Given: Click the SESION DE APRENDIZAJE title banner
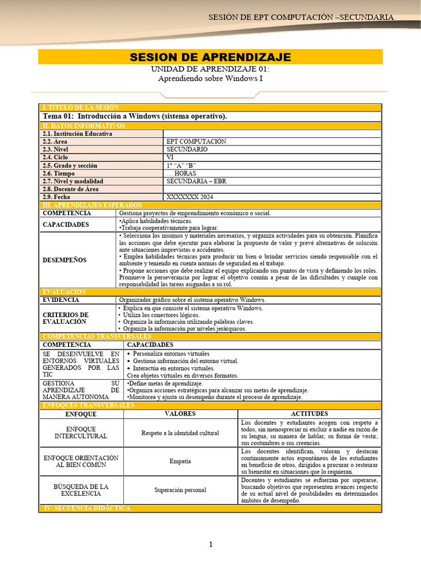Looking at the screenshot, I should click(x=210, y=57).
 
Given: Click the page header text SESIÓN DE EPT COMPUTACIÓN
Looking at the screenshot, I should click(x=300, y=17).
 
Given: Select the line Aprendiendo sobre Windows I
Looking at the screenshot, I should click(x=210, y=78).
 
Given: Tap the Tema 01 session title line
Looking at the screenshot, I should click(x=135, y=116).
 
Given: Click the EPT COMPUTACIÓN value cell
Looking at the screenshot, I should click(x=196, y=142).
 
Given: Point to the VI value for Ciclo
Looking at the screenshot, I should click(x=170, y=158).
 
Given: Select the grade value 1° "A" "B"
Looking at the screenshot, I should click(x=181, y=165).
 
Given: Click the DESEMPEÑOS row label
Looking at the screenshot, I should click(x=65, y=260).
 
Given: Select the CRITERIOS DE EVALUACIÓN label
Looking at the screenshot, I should click(x=65, y=318).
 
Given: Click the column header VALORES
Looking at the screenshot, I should click(x=180, y=414).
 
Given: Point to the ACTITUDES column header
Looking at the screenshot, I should click(x=309, y=414).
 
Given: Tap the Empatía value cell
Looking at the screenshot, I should click(x=180, y=462).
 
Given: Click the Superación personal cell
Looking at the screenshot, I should click(x=180, y=490).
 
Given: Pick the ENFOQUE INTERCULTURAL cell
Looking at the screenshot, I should click(x=81, y=432).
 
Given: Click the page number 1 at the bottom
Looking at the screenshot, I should click(x=210, y=544).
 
